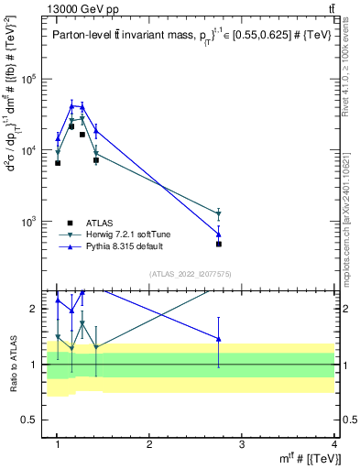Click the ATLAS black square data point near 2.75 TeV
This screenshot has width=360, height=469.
click(219, 245)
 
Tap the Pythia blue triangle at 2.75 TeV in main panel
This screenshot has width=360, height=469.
click(219, 234)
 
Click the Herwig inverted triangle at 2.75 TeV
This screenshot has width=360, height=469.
click(219, 214)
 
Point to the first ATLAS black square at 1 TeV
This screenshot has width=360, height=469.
click(58, 163)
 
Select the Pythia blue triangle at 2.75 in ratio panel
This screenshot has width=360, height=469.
click(219, 339)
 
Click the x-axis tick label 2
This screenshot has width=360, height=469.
click(149, 443)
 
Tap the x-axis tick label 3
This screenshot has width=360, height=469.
click(242, 443)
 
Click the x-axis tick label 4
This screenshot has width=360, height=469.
click(333, 443)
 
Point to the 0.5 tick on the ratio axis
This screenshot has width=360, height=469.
click(35, 420)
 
